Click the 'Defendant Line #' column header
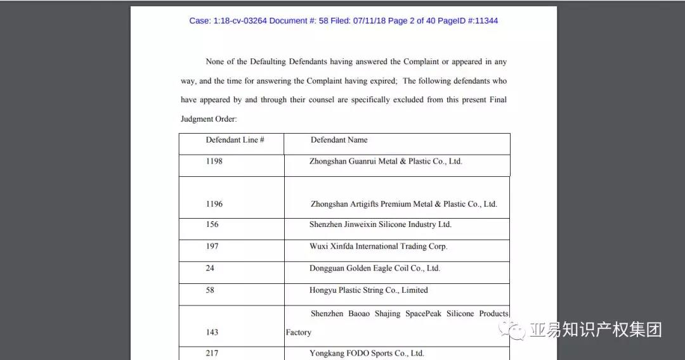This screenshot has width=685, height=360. [235, 140]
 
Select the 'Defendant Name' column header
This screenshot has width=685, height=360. [339, 140]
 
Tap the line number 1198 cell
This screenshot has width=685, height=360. [214, 162]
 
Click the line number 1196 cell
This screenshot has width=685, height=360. [214, 204]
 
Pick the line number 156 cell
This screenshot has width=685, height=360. [212, 224]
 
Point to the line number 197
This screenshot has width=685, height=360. [212, 247]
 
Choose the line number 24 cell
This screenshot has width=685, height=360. [210, 268]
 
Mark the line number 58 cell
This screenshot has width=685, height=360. [210, 290]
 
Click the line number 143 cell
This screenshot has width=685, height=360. [212, 332]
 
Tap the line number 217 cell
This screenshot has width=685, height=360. [212, 353]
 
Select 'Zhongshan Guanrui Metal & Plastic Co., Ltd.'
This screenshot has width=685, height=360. [386, 162]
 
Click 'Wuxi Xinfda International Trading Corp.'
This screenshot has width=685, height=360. [378, 247]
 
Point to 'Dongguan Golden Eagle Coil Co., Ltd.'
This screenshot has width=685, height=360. [374, 268]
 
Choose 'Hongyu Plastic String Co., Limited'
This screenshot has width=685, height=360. [369, 290]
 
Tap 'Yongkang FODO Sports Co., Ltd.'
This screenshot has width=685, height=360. [367, 353]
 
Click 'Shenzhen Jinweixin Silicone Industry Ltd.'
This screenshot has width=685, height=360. [381, 224]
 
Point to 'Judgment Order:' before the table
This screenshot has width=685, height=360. [209, 119]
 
